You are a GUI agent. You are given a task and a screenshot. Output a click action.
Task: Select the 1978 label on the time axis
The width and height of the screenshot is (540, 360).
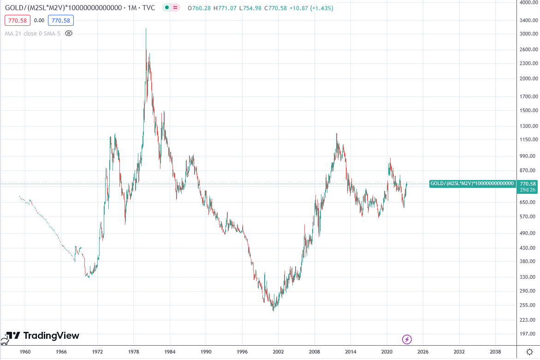click(x=134, y=351)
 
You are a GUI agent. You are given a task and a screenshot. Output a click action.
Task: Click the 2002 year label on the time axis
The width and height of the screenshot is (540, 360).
click(x=278, y=351)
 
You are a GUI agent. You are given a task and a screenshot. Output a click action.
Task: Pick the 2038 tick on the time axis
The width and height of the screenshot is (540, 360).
click(x=495, y=351)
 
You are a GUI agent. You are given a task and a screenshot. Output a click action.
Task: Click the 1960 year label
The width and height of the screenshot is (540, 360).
click(x=25, y=351)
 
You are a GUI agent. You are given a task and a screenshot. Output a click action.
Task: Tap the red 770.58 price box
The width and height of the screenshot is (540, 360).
click(x=18, y=20)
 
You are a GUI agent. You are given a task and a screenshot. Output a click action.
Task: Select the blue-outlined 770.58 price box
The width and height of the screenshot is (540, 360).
click(x=62, y=20)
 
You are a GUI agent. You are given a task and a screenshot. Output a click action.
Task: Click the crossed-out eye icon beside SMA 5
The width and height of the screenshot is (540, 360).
click(x=69, y=33)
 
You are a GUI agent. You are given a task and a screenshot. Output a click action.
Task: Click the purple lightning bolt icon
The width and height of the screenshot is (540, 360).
click(x=407, y=339)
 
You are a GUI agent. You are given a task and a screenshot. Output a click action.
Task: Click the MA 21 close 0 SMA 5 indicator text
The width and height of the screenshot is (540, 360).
click(x=32, y=33)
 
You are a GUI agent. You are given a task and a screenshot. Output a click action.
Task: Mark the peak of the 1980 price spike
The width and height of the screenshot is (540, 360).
click(x=146, y=29)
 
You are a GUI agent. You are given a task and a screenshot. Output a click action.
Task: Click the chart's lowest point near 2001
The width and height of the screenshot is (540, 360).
click(x=273, y=311)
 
